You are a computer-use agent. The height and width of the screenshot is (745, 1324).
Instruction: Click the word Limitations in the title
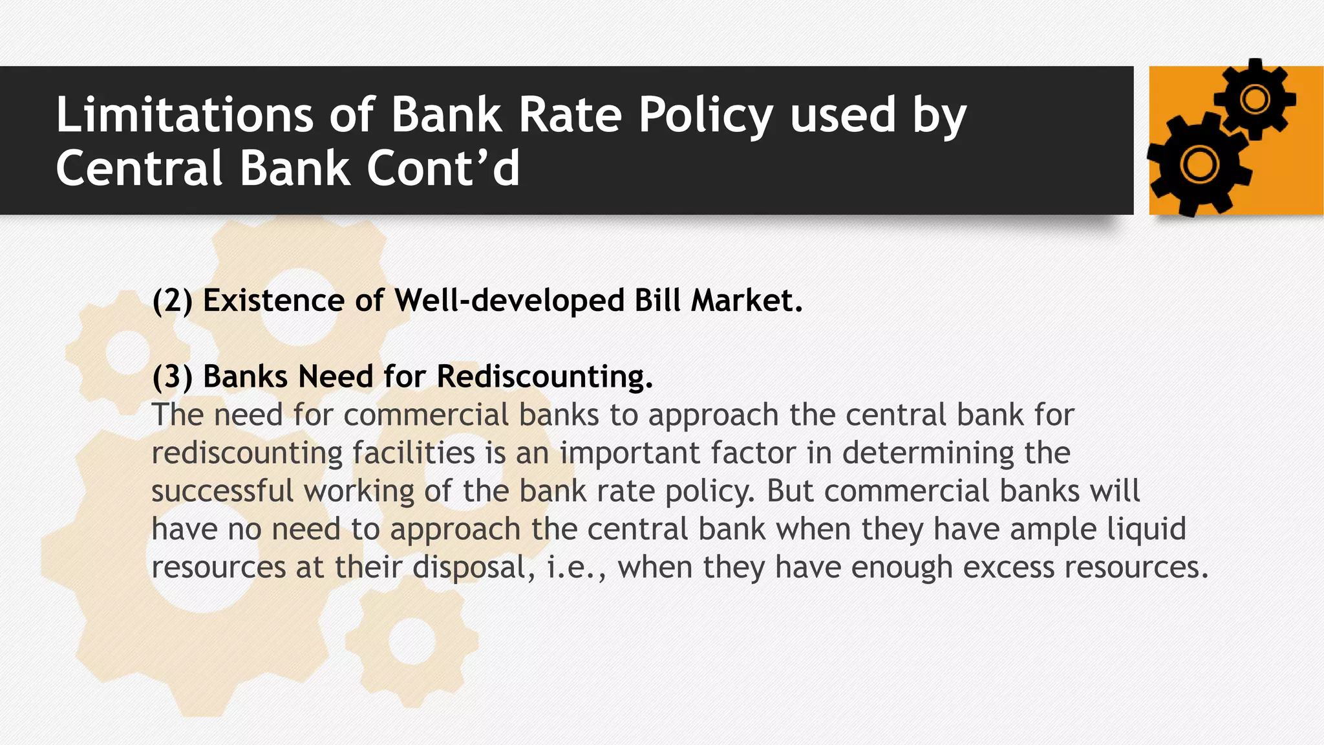(184, 115)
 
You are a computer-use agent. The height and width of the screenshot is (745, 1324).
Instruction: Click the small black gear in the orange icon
(1255, 100)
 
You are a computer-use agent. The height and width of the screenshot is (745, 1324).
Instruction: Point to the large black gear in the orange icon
(1199, 164)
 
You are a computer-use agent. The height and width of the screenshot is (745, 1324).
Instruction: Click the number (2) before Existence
(172, 301)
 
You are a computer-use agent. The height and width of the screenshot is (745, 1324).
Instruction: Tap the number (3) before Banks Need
(172, 377)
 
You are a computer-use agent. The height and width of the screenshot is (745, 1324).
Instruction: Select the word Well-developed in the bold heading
(509, 301)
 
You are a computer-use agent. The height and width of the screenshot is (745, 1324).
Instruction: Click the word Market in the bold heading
(746, 301)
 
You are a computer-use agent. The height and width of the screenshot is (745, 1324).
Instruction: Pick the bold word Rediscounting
(544, 376)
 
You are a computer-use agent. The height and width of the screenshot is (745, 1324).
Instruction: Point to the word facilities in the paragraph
(414, 453)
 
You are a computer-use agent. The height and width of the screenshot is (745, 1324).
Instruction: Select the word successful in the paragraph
(222, 491)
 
